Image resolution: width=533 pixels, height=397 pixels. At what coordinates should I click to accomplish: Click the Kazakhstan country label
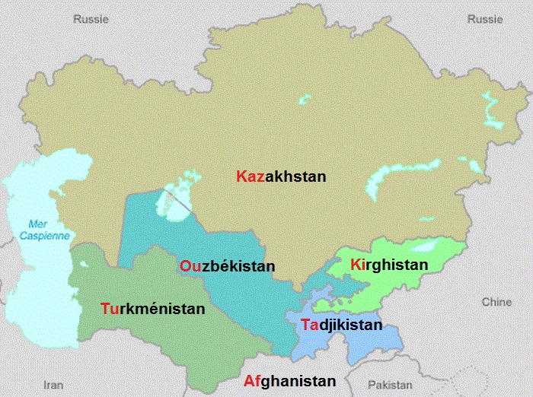point(281,176)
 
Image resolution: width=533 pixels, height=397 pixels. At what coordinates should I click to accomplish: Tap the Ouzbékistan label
point(227,267)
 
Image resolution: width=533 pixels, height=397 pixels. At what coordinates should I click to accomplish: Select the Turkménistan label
point(152,309)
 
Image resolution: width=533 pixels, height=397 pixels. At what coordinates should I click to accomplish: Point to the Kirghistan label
point(388,264)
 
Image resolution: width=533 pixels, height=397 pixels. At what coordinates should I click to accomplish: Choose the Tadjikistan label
point(340,325)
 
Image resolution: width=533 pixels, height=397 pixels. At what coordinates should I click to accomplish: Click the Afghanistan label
point(289,382)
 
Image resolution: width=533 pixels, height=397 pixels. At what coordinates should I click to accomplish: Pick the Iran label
point(53,385)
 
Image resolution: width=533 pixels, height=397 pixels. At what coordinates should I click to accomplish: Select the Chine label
point(496,302)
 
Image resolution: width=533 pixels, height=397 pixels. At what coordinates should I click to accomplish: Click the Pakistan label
point(389,385)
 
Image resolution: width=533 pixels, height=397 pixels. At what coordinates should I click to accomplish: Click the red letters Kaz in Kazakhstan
point(250,176)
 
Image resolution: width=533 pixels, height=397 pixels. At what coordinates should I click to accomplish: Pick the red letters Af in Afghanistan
point(252,382)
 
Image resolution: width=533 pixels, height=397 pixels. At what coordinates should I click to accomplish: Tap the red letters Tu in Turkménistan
point(110,309)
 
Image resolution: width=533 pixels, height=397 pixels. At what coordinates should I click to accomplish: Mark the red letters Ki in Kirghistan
point(357,264)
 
